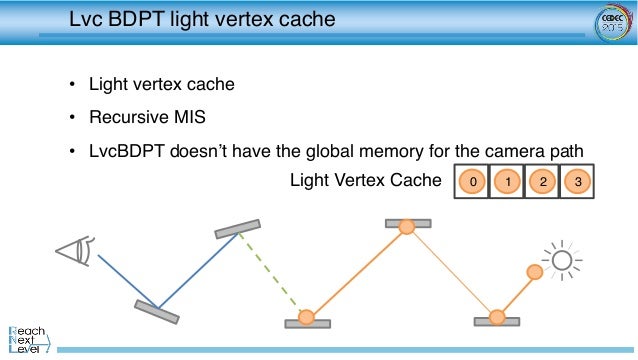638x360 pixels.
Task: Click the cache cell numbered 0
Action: [472, 182]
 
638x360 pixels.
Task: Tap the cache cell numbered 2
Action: [541, 182]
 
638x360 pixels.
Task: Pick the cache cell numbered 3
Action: [576, 182]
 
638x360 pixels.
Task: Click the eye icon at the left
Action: [75, 250]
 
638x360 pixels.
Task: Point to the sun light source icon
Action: [563, 261]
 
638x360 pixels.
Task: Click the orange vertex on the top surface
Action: [407, 228]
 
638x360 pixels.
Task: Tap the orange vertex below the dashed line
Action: [307, 318]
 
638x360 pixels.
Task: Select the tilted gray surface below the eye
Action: [156, 311]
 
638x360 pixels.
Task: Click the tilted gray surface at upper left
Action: [238, 228]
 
